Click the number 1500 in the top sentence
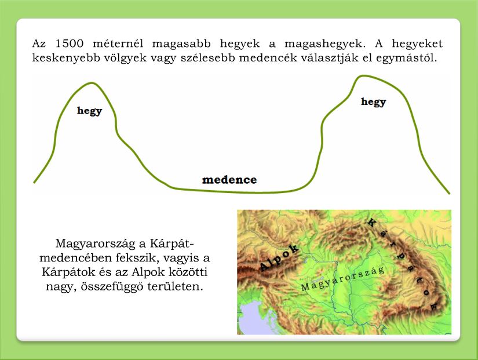click(x=69, y=43)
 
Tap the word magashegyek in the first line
click(x=324, y=44)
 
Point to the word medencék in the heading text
click(x=269, y=57)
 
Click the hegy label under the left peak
click(x=89, y=111)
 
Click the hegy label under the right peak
click(x=374, y=102)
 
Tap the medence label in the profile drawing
click(x=229, y=180)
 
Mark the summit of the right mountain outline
click(x=360, y=77)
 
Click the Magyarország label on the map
click(x=342, y=278)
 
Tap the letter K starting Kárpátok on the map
click(x=371, y=223)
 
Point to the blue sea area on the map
click(x=251, y=319)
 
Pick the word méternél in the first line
click(x=118, y=43)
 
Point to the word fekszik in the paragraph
click(x=139, y=258)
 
